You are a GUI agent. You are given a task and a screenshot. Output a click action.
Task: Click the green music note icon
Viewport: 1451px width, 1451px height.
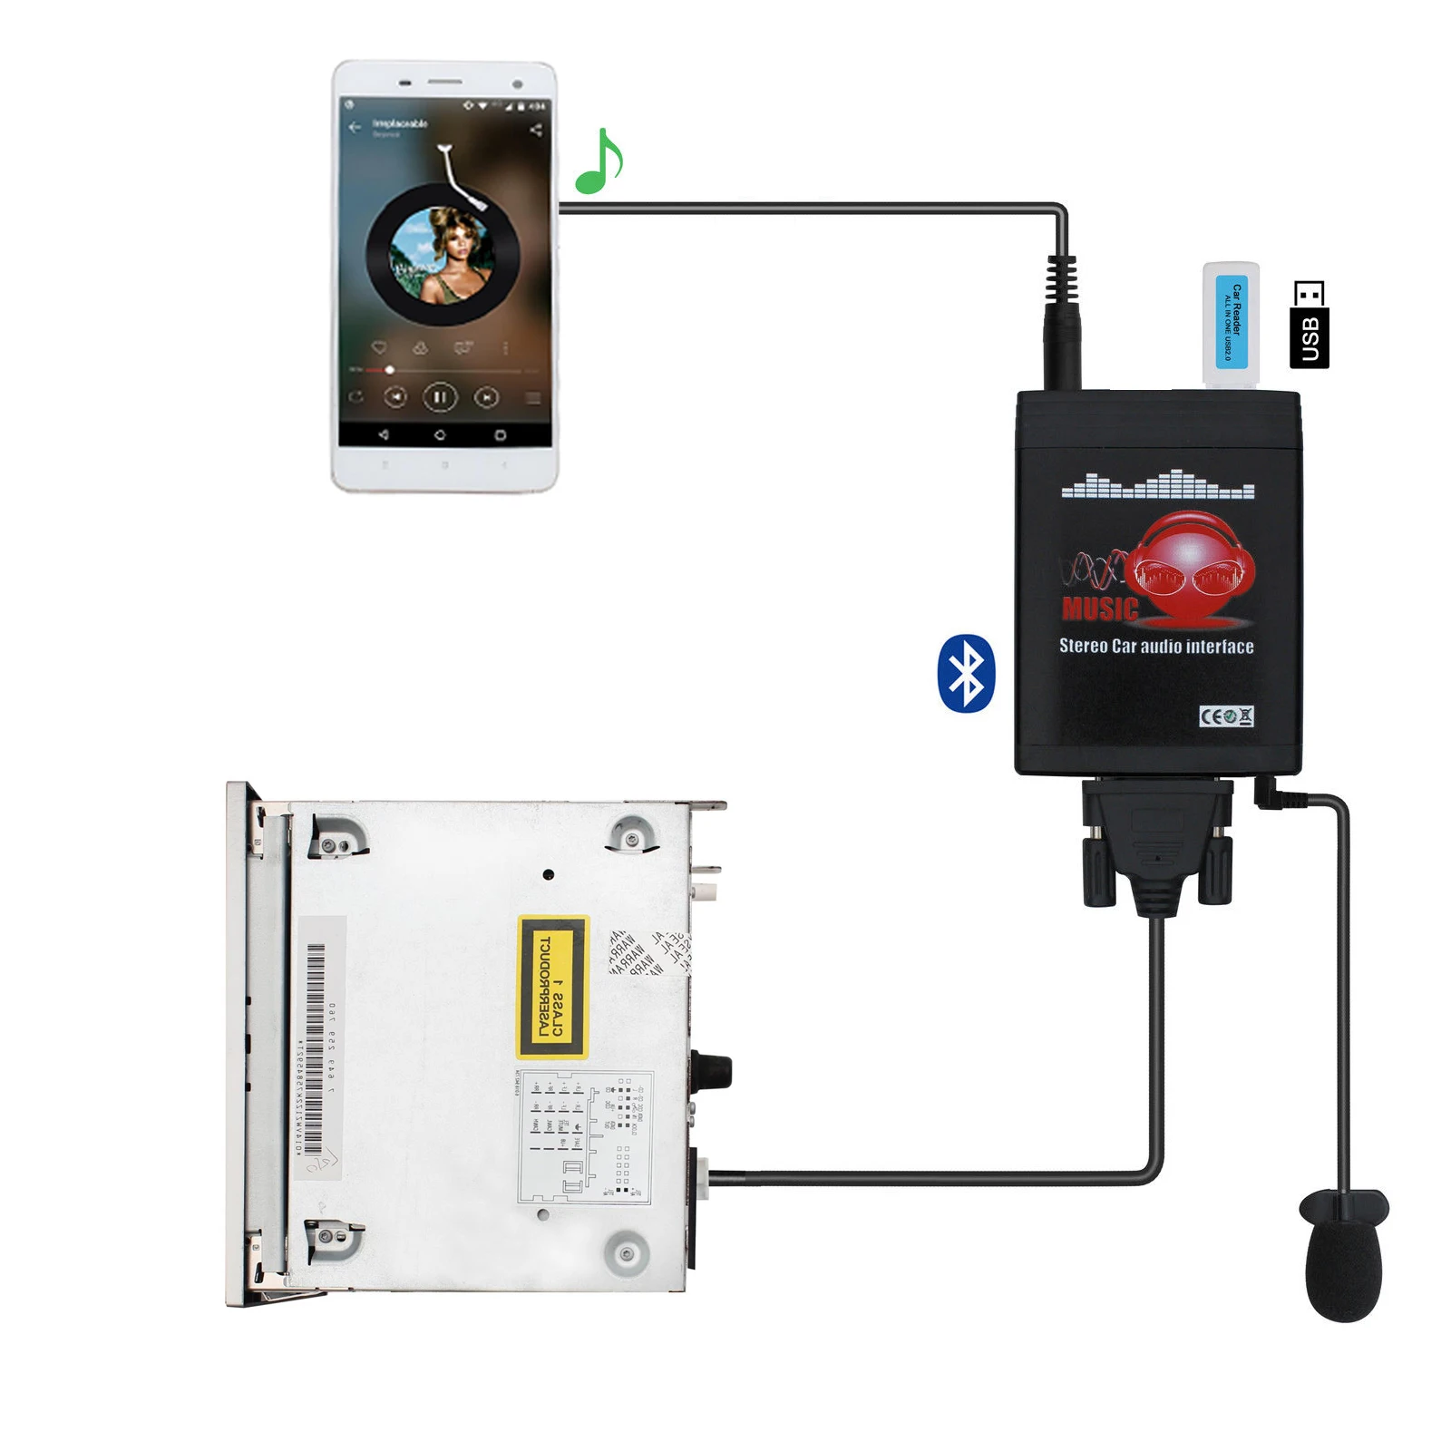598,163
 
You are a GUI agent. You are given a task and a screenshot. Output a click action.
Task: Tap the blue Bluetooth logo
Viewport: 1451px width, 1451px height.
966,673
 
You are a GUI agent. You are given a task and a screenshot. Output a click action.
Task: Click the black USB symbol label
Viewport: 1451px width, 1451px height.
1309,325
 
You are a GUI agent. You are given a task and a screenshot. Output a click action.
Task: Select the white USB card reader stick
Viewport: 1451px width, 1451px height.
1231,324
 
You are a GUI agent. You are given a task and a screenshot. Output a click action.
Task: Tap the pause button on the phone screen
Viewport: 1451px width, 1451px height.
440,397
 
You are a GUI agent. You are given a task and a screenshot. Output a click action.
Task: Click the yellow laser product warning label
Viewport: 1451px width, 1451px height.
552,987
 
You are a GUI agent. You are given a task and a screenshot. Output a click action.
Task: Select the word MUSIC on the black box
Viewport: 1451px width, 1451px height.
1099,609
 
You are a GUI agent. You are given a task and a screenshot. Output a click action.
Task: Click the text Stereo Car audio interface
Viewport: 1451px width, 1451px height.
1156,647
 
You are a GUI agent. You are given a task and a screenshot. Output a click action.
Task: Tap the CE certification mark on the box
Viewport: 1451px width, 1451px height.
1226,716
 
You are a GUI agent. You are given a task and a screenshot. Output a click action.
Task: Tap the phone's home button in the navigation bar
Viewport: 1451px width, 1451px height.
440,435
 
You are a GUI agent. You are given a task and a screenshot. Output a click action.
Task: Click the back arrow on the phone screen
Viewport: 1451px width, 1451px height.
355,127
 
